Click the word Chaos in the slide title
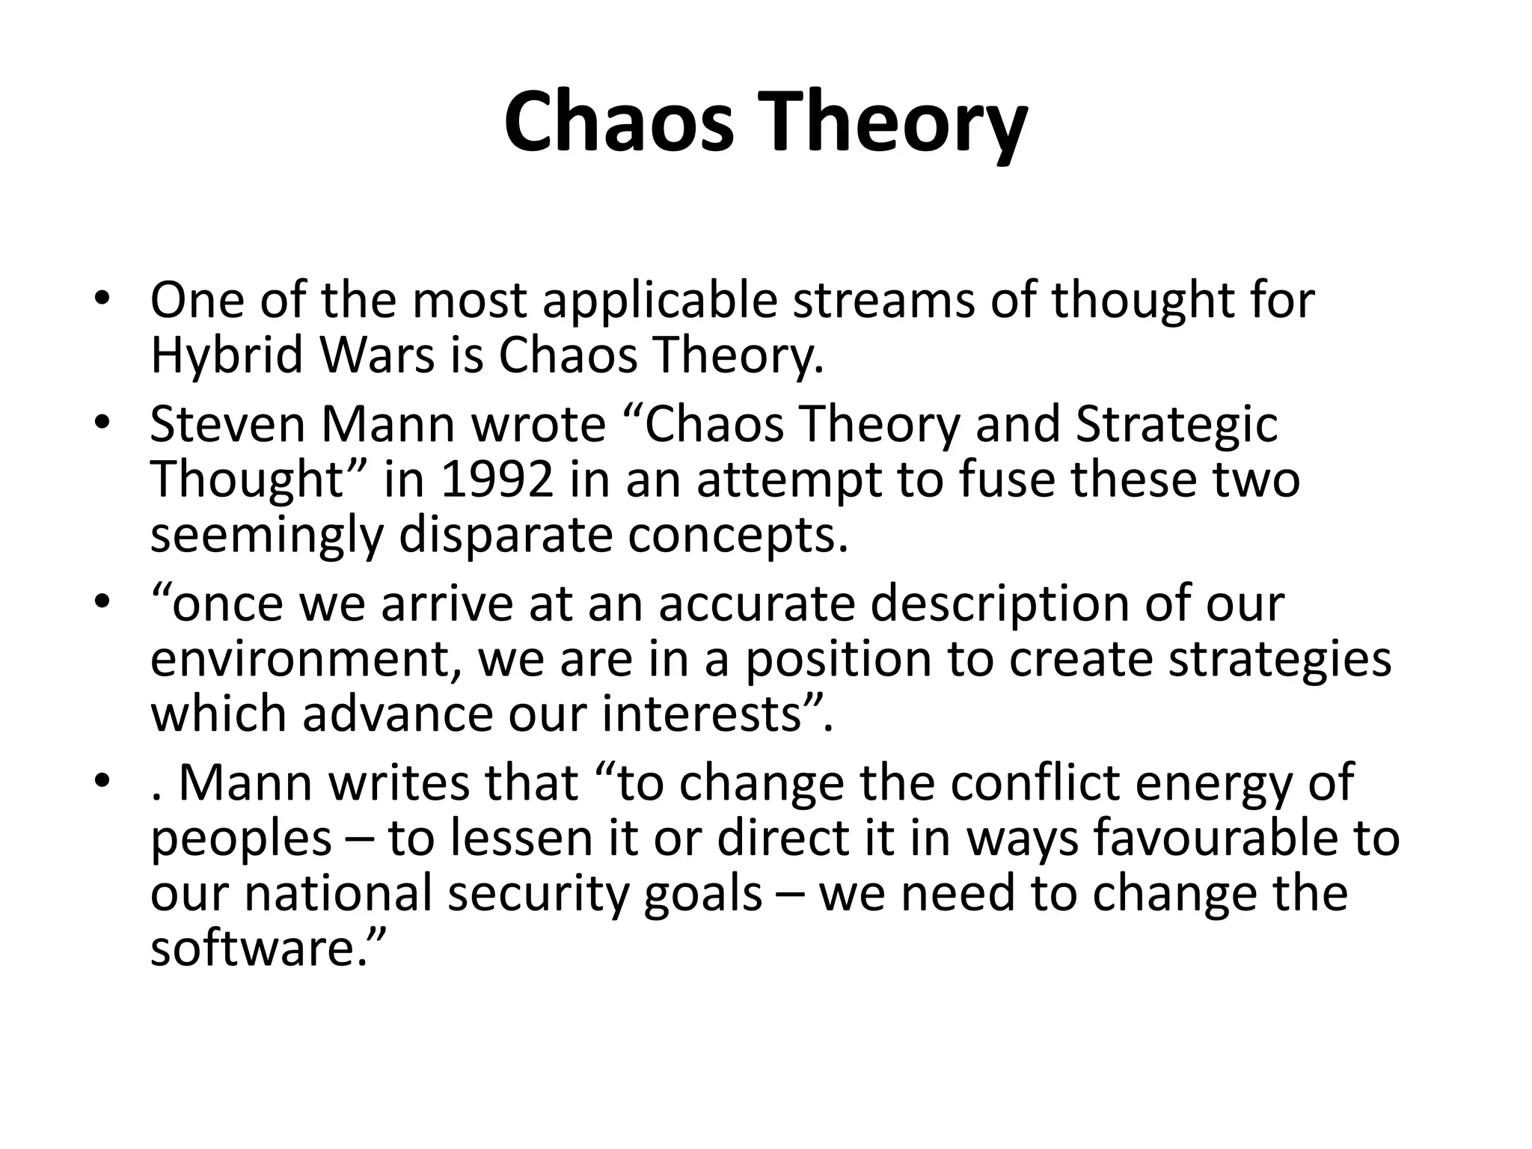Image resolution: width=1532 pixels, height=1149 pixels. tap(619, 122)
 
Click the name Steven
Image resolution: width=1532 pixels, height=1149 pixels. tap(227, 425)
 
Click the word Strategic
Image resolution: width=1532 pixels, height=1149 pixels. tap(1176, 425)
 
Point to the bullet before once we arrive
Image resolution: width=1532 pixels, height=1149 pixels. tap(102, 602)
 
